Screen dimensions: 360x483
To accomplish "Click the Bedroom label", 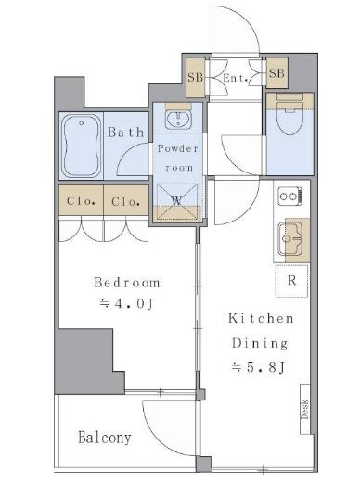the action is [127, 283].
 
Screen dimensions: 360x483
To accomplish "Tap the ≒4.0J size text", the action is [127, 304].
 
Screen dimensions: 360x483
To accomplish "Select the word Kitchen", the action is [261, 318].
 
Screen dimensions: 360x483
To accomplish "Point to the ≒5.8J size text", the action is [258, 367].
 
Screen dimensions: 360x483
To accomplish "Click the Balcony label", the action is [105, 438].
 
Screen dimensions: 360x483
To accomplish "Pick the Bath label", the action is [126, 133].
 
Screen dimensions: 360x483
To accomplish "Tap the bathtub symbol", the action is [82, 146].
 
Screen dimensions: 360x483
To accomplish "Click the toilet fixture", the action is [289, 115].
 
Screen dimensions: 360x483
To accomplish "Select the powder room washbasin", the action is [178, 119].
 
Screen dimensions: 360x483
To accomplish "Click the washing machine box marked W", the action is [177, 201].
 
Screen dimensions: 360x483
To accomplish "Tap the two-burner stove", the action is [289, 196].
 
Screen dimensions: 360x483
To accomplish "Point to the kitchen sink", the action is [289, 239].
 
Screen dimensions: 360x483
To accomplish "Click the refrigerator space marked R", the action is [291, 281].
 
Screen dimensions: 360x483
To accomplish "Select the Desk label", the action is [305, 409].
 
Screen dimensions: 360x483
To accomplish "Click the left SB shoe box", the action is [196, 77].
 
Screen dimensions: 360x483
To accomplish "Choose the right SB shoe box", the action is [276, 73].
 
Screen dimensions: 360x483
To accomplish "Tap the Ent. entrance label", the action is [236, 78].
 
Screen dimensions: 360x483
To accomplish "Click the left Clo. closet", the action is [81, 200].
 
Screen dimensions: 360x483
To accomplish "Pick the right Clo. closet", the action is [126, 200].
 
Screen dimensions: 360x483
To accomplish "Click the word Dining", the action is [260, 343].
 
